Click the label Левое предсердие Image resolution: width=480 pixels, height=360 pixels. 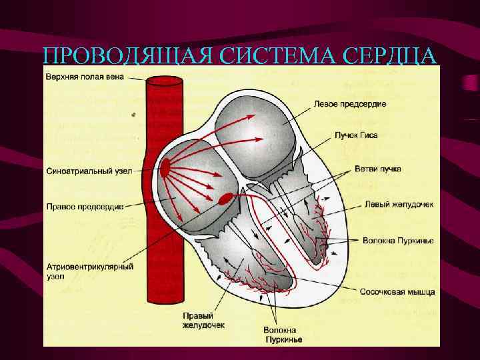[350, 105]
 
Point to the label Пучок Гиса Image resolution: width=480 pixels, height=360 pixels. [357, 135]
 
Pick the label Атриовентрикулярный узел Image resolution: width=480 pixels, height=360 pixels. [90, 270]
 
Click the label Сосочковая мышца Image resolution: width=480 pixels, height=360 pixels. [397, 292]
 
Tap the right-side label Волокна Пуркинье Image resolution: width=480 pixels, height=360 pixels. [399, 239]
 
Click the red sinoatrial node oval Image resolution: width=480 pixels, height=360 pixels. [165, 169]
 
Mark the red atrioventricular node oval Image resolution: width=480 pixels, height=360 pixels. [226, 198]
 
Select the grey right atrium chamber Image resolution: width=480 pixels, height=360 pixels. [193, 193]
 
